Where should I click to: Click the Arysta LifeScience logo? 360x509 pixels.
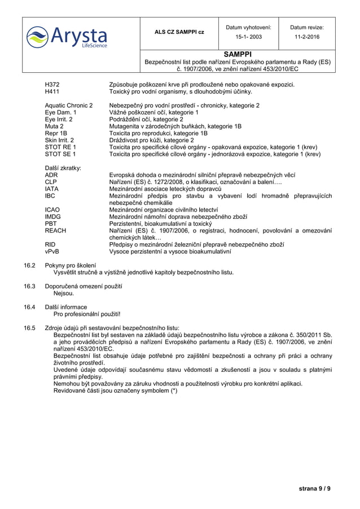tap(67, 36)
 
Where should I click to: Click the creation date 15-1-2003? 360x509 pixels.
tap(248, 37)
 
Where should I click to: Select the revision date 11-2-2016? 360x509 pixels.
tap(306, 37)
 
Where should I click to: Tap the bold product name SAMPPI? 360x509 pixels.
tap(237, 54)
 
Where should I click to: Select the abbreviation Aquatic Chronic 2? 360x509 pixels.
tap(69, 106)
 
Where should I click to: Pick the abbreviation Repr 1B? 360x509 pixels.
tap(57, 133)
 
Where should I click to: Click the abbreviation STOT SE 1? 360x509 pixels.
tap(60, 153)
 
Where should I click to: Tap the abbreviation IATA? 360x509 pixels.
tap(52, 188)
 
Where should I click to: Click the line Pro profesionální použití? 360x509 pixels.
tap(87, 314)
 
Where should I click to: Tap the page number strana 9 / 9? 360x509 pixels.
tap(315, 488)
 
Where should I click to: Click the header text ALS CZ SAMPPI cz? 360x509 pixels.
tap(179, 32)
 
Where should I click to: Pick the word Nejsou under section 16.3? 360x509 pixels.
tap(64, 293)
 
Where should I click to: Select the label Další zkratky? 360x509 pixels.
tap(63, 168)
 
